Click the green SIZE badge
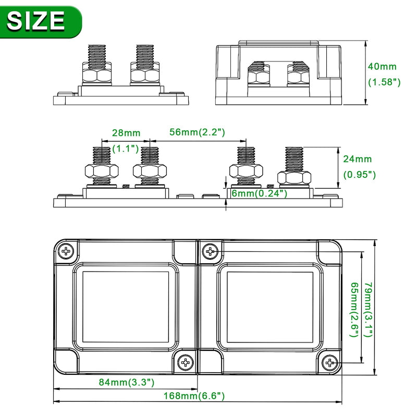click(40, 21)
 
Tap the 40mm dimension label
click(382, 66)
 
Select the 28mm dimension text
click(126, 133)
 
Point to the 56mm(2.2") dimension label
click(197, 132)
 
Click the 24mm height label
click(357, 159)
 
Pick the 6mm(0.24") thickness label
click(259, 193)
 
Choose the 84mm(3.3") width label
click(127, 382)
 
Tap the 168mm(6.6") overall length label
click(194, 396)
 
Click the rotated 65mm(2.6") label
click(354, 310)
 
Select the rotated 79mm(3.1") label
click(368, 310)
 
